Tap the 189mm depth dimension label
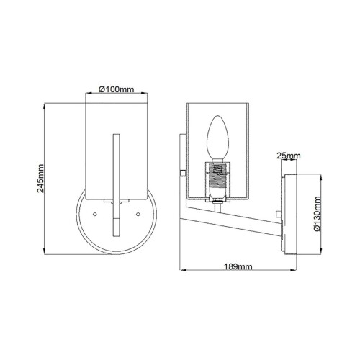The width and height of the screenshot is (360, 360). point(237,266)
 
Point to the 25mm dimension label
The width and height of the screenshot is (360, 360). point(287,154)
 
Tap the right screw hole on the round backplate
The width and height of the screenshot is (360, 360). point(137,214)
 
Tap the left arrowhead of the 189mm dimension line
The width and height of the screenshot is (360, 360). point(181,271)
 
